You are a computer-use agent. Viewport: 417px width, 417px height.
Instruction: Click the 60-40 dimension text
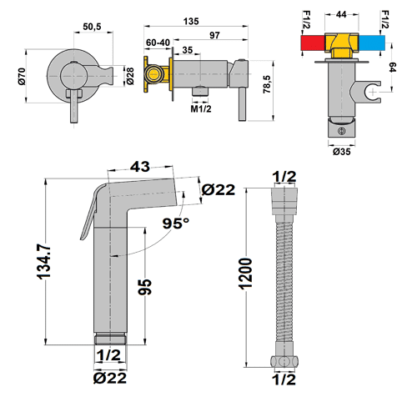pos(158,41)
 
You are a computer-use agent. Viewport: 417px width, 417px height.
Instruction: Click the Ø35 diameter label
pos(341,152)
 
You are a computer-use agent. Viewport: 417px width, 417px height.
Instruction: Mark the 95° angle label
pos(176,224)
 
